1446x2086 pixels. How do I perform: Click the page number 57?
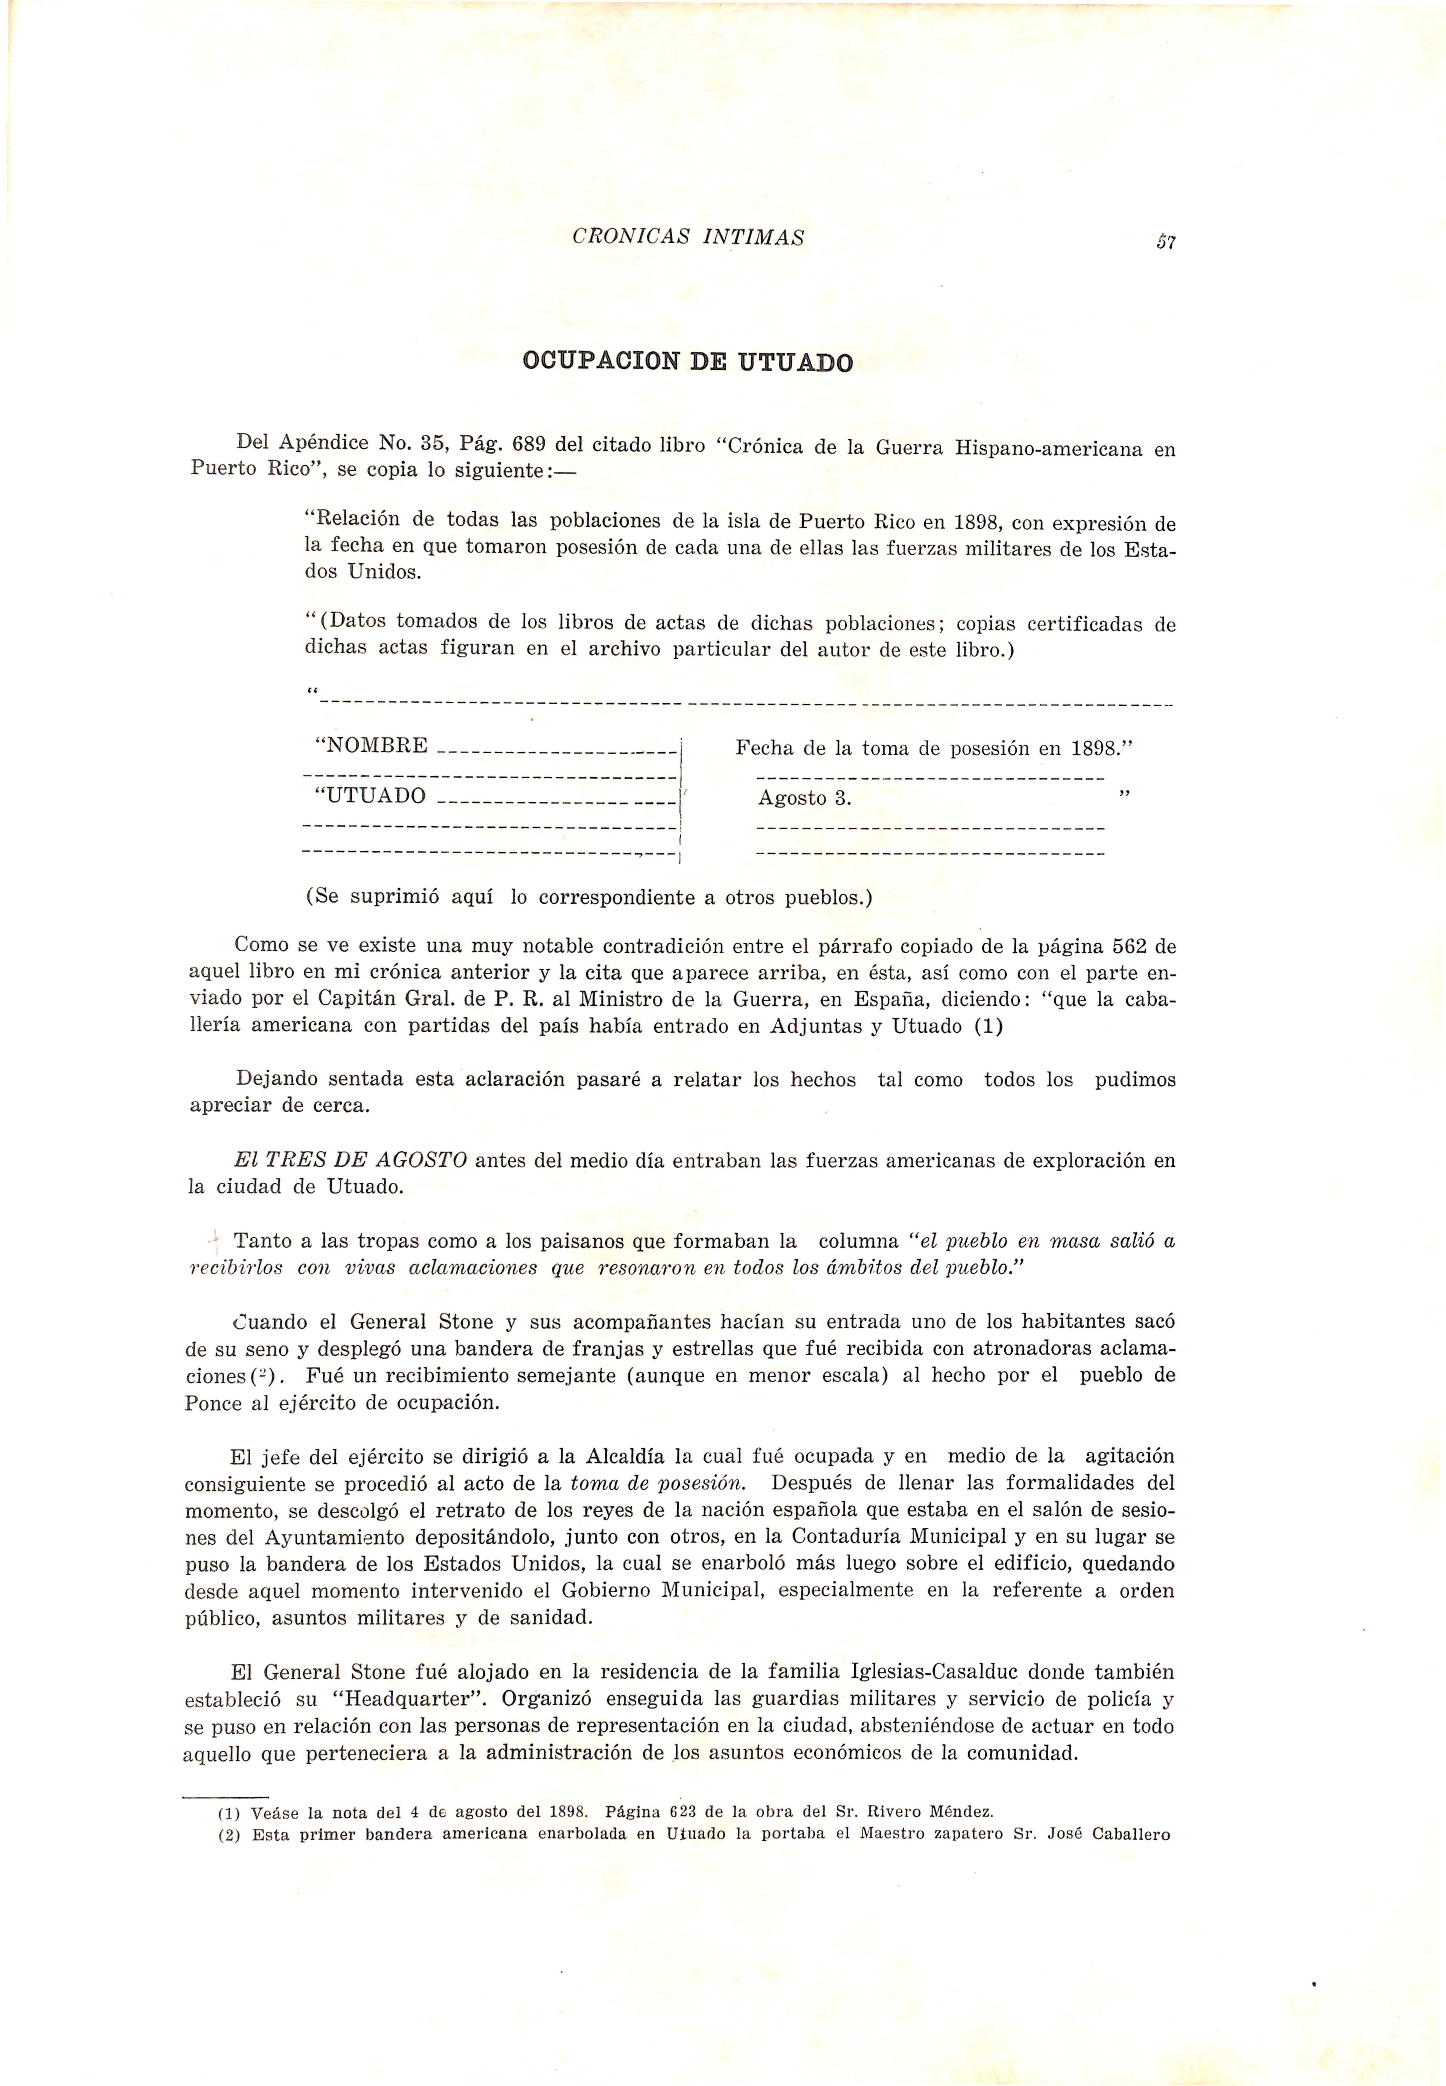click(x=1165, y=242)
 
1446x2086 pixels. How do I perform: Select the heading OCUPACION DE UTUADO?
click(x=688, y=363)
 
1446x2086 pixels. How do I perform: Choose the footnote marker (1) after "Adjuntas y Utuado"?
click(x=989, y=1027)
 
